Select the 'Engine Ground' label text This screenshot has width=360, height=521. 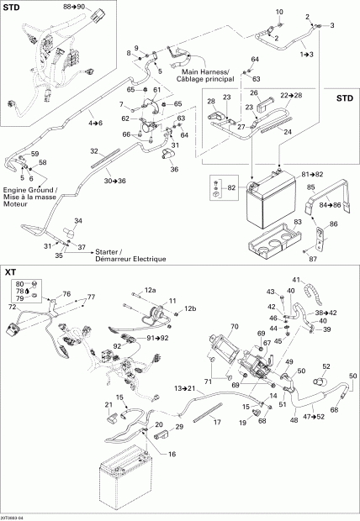pos(29,192)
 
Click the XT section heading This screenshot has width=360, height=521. pos(11,272)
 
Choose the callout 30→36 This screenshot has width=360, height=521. pos(115,181)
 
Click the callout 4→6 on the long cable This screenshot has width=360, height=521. pos(97,124)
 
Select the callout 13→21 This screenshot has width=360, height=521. pos(185,389)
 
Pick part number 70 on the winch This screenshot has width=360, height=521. pos(235,326)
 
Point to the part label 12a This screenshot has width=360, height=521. pos(150,290)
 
